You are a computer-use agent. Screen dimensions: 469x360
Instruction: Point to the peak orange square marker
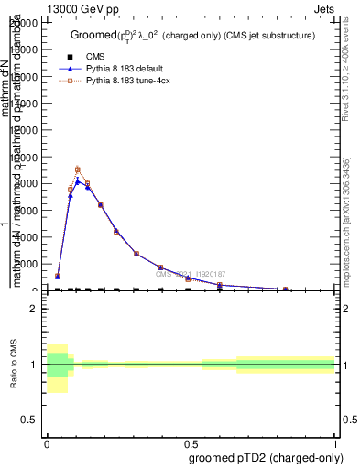(x=78, y=169)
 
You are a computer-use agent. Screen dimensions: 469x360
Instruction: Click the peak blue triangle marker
(x=78, y=180)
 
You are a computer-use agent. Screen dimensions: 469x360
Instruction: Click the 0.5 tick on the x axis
(x=190, y=443)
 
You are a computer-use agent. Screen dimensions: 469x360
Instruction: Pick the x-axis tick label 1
(x=334, y=443)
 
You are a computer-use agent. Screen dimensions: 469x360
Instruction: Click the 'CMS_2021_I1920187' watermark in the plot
(x=190, y=274)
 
